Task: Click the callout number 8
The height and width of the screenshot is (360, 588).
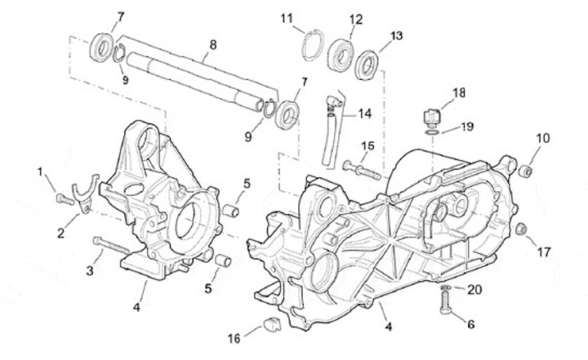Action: [x=213, y=46]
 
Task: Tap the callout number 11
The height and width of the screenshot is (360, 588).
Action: [x=287, y=19]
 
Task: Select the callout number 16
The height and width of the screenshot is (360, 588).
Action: [x=234, y=339]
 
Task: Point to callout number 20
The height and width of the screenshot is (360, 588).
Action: [x=474, y=290]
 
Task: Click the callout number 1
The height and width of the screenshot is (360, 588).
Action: [x=40, y=171]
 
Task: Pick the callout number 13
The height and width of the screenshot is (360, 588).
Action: [x=396, y=36]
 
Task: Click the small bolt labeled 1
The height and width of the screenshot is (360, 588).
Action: [x=65, y=199]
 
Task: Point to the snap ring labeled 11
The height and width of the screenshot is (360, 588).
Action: [x=313, y=46]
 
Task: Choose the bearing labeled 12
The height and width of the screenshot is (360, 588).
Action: [x=341, y=55]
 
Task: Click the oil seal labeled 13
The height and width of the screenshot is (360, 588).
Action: [x=367, y=64]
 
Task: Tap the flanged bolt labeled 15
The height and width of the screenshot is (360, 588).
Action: [x=362, y=170]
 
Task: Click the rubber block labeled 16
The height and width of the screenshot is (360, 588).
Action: [x=272, y=324]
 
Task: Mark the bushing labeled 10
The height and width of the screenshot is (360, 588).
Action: [x=524, y=171]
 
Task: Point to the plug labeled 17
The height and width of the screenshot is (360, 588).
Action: [x=520, y=229]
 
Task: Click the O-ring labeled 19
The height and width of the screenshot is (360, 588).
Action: [x=432, y=133]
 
